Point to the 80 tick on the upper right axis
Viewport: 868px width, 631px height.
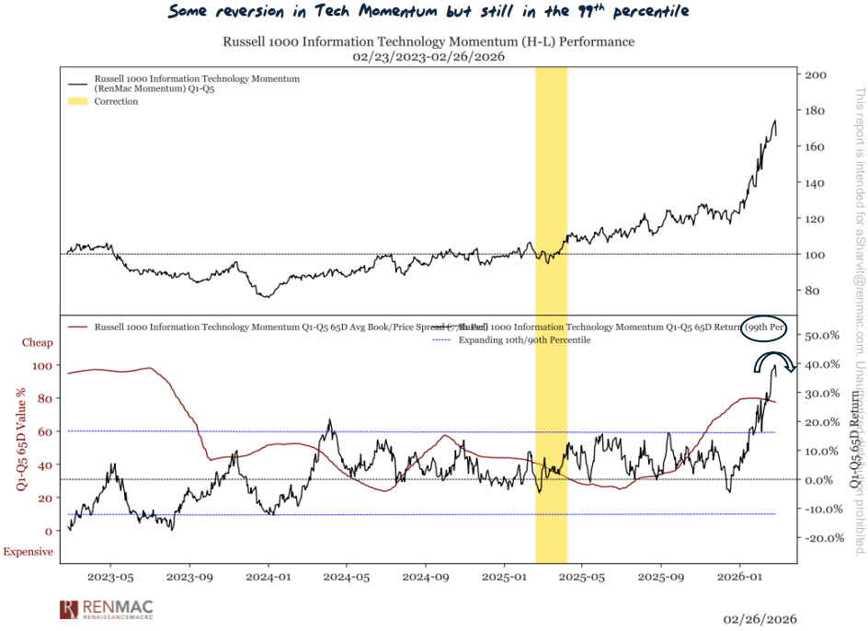(812, 291)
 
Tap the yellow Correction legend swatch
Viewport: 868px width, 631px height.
(78, 101)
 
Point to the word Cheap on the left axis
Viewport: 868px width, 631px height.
(38, 343)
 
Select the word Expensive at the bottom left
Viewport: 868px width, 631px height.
(28, 552)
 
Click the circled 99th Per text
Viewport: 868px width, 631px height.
(765, 327)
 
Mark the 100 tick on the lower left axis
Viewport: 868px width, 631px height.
(42, 365)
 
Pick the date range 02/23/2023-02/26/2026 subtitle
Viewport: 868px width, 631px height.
(428, 57)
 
